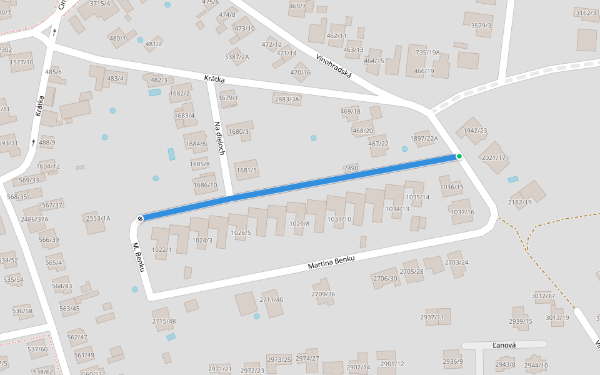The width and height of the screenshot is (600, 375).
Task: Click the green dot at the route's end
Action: pos(459,156)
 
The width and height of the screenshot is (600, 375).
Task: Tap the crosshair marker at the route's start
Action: pos(140,218)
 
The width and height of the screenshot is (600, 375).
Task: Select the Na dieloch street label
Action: pos(219,139)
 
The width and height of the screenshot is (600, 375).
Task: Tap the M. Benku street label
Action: pos(139,257)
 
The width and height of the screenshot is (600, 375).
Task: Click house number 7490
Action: pos(351,168)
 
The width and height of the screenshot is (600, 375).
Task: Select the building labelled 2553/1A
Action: pos(98,218)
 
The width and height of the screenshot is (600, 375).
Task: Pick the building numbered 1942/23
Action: pos(475,131)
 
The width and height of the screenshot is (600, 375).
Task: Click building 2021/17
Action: pos(494,157)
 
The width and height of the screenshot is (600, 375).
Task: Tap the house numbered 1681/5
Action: pos(247,170)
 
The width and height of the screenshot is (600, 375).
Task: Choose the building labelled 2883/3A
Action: pos(287,99)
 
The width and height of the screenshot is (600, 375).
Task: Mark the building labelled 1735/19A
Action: pos(426,52)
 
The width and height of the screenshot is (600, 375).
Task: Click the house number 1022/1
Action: pos(161,249)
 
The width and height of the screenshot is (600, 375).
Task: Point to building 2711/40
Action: pos(271,299)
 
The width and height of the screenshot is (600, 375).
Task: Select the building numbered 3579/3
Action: pos(481,26)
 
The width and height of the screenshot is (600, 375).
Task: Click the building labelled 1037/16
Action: pos(462,212)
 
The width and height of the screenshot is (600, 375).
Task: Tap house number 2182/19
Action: pos(520,202)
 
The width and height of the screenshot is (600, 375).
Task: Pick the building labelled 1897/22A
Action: pos(424,138)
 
